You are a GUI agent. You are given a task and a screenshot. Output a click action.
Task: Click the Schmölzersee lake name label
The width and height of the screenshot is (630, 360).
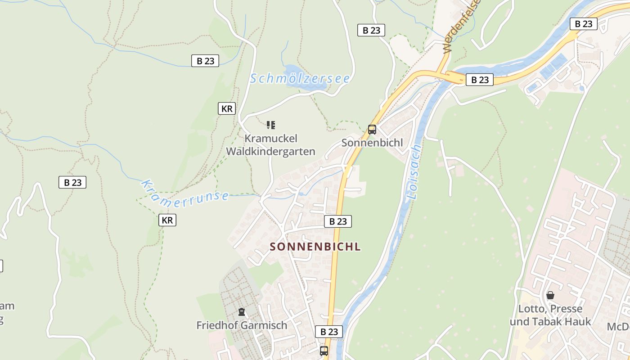pos(300,78)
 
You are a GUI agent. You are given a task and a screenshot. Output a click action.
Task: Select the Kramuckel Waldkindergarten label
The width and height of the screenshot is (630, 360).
pos(270,145)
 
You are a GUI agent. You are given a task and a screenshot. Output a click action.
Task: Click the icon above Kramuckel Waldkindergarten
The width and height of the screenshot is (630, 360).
pos(270,125)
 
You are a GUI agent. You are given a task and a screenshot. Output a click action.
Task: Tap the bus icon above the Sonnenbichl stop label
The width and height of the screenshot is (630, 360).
pos(372,130)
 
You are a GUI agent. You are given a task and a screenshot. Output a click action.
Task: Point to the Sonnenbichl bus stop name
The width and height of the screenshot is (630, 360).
pos(372,143)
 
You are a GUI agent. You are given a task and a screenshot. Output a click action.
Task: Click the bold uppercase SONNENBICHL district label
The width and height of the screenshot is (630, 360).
pos(315,247)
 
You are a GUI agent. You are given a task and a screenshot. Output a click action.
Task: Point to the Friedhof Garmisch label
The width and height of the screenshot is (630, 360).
pos(242,325)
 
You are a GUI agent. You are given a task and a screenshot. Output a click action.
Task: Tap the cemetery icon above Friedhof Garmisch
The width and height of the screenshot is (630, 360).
pos(242,311)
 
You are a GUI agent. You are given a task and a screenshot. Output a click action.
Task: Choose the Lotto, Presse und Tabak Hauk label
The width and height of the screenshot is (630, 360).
pos(550,315)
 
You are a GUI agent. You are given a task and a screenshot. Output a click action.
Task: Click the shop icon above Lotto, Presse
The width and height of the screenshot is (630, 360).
pos(550,296)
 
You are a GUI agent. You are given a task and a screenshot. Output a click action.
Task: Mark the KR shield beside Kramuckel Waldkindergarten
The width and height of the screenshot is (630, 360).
pos(227,108)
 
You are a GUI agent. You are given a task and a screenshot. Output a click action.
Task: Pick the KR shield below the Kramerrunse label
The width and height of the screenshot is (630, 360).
pos(167,220)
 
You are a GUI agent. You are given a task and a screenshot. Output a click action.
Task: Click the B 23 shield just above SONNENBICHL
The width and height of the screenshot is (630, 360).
pos(338,221)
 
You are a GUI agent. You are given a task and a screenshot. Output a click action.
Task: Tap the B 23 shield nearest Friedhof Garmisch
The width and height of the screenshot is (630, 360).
pos(329,332)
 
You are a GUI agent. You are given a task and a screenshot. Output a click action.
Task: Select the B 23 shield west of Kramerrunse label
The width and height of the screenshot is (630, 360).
pos(72,182)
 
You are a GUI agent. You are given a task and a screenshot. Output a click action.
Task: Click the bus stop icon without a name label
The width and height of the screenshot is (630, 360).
pos(324,351)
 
